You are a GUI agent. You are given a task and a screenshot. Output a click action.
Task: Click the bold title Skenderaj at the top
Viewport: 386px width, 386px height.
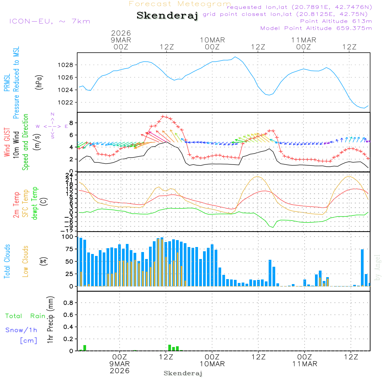167,15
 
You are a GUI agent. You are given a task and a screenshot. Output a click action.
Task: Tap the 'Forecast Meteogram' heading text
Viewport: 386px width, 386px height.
180,4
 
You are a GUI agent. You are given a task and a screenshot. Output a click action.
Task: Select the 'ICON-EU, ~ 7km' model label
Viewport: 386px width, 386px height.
49,21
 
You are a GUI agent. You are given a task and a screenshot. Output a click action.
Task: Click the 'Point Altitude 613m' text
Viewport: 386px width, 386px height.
336,21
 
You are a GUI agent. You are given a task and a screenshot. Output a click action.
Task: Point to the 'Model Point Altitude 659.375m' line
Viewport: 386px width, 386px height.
316,28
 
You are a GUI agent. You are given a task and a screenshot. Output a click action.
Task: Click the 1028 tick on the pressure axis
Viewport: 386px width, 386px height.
66,65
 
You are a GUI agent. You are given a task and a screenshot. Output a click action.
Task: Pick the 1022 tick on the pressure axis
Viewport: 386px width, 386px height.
66,102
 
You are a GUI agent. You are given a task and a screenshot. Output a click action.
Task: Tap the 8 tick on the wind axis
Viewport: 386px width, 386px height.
71,123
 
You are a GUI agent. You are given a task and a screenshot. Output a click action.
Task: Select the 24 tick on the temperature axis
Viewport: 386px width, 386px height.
69,175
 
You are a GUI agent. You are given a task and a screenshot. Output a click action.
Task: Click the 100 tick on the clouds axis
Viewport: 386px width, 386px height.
68,237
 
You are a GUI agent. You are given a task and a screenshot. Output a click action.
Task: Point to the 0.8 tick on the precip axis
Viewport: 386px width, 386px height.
68,303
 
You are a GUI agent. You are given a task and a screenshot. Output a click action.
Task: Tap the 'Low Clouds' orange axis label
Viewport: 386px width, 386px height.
25,261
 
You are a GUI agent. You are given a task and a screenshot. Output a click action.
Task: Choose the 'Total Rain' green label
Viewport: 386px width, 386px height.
25,316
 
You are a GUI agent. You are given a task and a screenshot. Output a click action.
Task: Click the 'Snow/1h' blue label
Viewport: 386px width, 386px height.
22,330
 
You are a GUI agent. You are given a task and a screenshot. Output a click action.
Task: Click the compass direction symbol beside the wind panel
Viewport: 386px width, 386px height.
52,126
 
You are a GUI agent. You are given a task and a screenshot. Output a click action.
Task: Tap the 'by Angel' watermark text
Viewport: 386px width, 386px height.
378,267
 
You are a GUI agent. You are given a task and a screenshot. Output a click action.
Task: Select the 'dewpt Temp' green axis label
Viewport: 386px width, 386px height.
35,203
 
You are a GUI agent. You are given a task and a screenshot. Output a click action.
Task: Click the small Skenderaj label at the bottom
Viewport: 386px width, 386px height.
183,373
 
